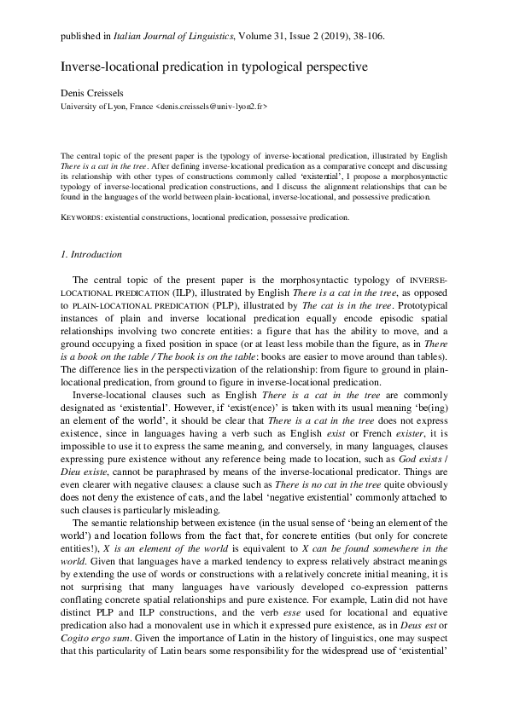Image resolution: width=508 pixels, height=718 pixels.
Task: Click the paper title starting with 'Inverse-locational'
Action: pyautogui.click(x=201, y=66)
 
